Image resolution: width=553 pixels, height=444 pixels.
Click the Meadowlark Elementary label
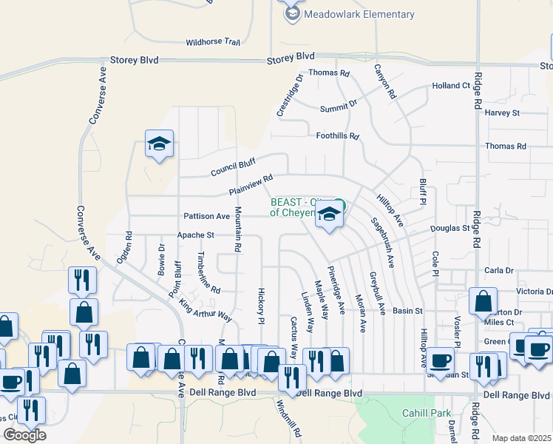361,15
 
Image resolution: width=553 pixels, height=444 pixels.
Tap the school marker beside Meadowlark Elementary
292,13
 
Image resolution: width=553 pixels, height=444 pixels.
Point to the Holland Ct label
451,86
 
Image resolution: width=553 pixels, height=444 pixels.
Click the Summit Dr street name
338,109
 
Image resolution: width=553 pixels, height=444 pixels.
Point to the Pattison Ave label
207,216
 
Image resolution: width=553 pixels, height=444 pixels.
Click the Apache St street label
195,235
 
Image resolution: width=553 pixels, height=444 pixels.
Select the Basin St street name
407,311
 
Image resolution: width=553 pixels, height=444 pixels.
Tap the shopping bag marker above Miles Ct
483,301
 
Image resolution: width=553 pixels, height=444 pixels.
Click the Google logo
24,434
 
